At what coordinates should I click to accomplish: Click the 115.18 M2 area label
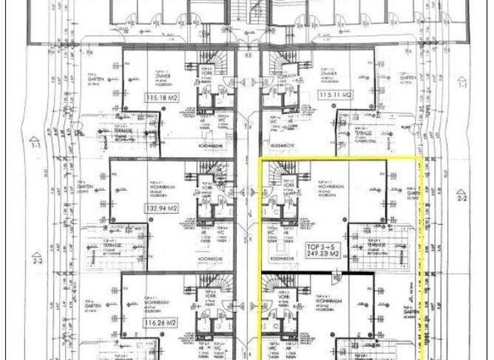pos(161,97)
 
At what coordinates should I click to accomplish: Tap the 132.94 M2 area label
pos(161,208)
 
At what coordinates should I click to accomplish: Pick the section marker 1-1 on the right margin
pos(461,83)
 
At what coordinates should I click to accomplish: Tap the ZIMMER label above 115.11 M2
pos(335,75)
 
